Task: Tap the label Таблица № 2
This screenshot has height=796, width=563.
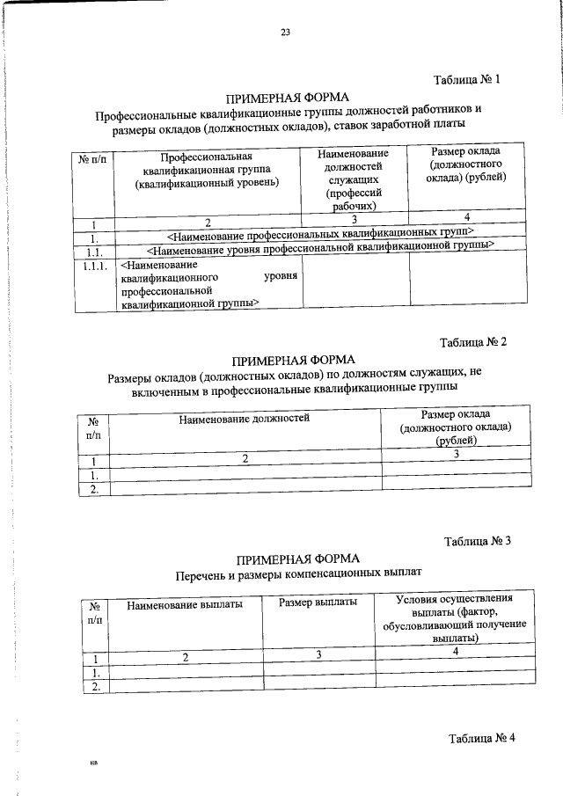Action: tap(474, 342)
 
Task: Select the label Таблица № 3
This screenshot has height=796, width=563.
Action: tap(478, 540)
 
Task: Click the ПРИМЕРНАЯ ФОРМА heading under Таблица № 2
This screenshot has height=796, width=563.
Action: tap(294, 360)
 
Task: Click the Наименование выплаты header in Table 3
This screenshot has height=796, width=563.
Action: tap(184, 605)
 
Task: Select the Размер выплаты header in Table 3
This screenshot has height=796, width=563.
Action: tap(318, 603)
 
